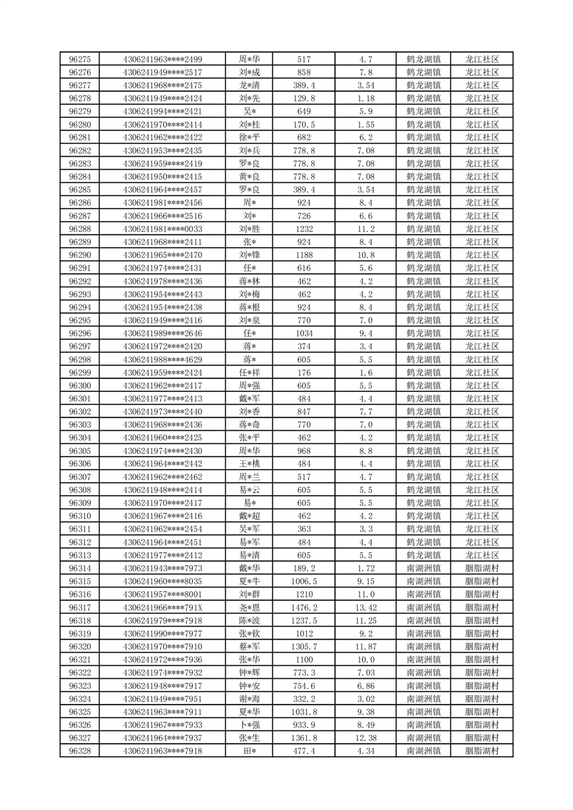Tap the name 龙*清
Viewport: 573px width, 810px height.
[250, 85]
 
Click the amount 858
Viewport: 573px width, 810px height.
[304, 72]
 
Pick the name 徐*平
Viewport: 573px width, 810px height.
[250, 137]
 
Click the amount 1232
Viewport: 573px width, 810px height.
[304, 229]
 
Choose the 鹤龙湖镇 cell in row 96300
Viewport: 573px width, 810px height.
[424, 386]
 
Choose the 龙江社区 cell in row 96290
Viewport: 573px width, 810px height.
[482, 255]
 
